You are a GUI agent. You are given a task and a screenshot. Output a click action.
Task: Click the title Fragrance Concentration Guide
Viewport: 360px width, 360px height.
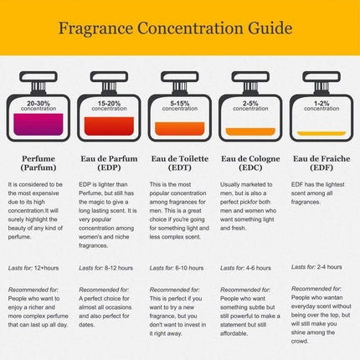(179, 28)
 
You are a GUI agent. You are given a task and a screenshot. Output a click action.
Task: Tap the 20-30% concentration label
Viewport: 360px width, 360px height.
(39, 105)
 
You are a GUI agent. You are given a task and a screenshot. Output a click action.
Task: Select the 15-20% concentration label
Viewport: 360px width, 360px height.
(109, 105)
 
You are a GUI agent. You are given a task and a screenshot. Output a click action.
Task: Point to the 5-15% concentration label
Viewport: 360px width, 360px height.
(180, 105)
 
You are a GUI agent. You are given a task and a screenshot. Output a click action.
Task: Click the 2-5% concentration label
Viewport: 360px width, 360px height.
(250, 105)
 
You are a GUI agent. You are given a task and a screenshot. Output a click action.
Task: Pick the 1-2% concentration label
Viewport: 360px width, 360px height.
(321, 105)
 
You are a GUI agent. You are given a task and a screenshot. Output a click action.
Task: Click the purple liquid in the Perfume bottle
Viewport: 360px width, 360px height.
(39, 125)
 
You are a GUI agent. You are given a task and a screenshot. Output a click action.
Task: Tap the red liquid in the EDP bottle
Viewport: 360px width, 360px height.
(109, 126)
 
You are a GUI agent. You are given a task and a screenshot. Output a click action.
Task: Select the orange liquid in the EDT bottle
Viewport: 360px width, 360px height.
(180, 129)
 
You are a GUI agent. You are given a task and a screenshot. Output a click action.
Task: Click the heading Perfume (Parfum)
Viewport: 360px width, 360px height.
(39, 162)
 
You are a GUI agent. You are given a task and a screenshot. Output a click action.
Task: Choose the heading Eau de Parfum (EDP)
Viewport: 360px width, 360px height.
(109, 162)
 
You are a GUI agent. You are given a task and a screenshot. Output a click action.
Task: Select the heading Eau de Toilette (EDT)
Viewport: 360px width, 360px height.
(180, 162)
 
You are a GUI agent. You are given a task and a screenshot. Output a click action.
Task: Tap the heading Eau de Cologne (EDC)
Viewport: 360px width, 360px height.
(250, 162)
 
